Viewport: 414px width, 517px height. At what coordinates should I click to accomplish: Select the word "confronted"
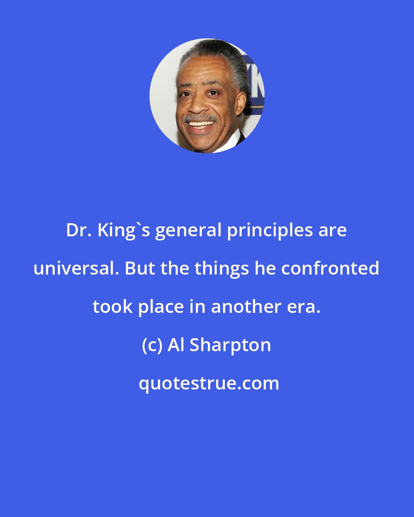(330, 268)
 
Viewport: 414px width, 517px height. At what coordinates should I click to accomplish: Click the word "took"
(113, 307)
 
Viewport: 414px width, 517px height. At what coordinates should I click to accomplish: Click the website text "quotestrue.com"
(209, 384)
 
